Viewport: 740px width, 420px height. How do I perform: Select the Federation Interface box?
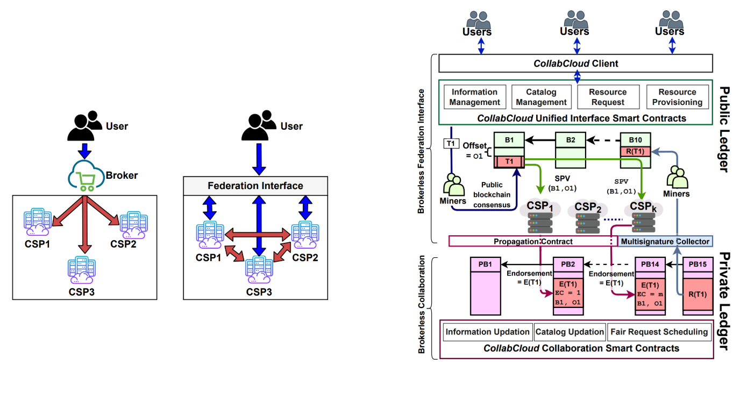[x=255, y=186]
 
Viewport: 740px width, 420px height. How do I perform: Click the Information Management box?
[x=475, y=97]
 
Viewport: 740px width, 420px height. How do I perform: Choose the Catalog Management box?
[x=541, y=97]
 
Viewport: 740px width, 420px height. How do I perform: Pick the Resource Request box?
[x=608, y=97]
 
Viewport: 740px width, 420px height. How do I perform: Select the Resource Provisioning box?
[x=677, y=97]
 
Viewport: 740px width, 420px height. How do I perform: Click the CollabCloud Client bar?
[x=575, y=64]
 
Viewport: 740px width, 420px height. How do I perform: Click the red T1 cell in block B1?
[x=509, y=162]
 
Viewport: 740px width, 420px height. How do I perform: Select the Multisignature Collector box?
[x=665, y=241]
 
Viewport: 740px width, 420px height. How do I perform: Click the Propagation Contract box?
[x=532, y=241]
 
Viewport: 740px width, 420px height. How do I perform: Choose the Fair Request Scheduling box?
[x=659, y=332]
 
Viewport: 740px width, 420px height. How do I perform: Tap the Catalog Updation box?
[x=570, y=332]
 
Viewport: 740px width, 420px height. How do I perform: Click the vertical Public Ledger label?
[x=724, y=129]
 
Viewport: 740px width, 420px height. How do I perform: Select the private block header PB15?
[x=698, y=264]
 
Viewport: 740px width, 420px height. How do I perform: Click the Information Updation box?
[x=487, y=332]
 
